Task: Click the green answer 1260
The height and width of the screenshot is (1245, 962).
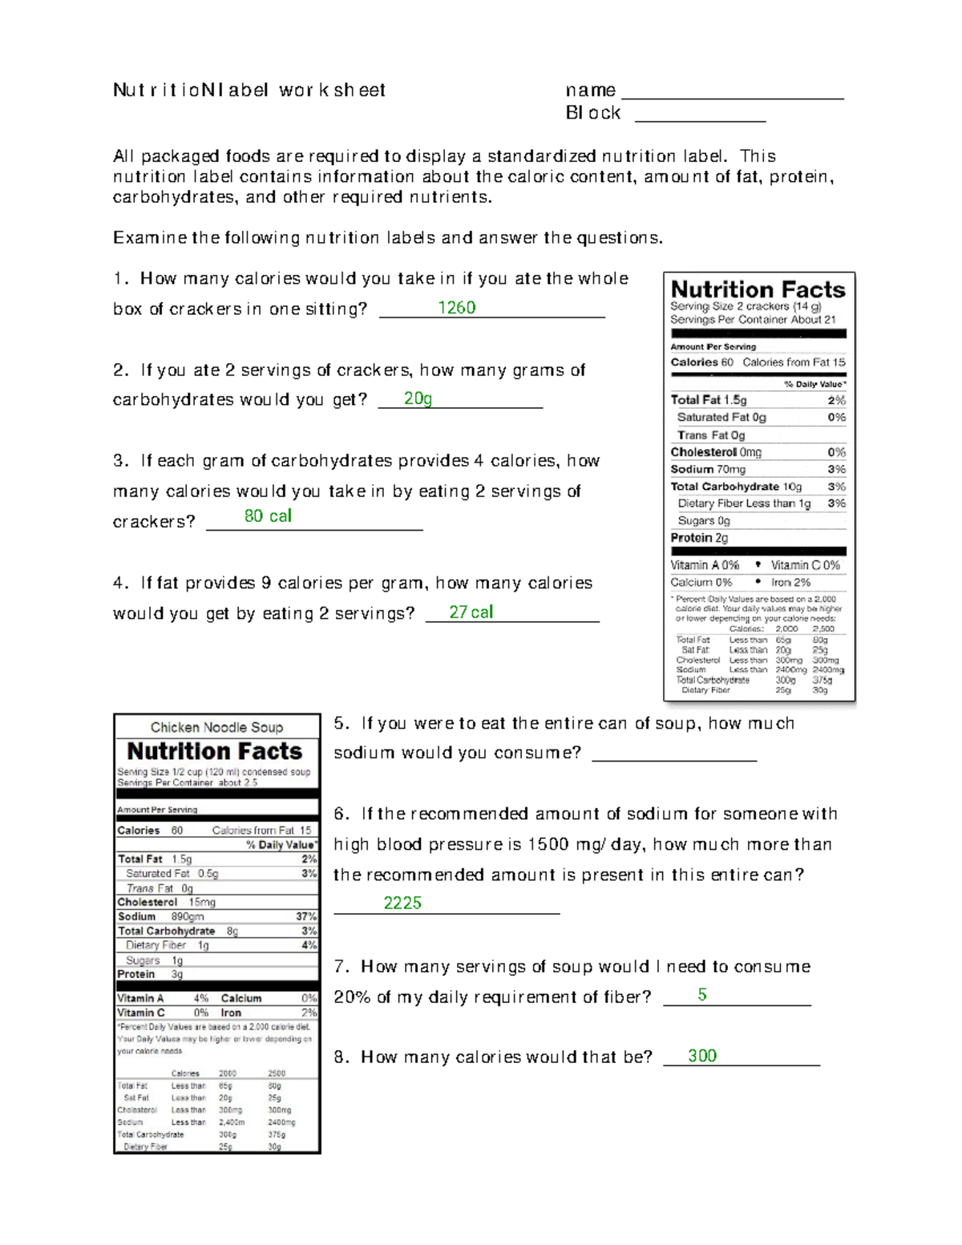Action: click(457, 308)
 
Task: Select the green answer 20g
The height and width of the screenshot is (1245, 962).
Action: click(418, 398)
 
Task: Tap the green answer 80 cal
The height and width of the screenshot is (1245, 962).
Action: click(268, 516)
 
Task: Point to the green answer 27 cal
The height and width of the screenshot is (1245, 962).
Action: click(471, 612)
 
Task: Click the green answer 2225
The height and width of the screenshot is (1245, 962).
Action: click(402, 903)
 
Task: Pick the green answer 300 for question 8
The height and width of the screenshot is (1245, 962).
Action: click(702, 1056)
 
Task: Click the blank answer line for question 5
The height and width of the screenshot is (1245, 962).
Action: click(674, 758)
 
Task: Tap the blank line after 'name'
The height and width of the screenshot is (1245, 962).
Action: click(733, 96)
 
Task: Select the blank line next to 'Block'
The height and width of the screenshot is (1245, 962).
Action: click(700, 119)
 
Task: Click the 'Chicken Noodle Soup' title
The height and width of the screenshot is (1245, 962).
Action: click(216, 727)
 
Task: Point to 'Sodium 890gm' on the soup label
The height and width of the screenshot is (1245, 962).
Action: click(160, 916)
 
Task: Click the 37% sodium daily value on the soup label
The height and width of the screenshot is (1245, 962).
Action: click(306, 916)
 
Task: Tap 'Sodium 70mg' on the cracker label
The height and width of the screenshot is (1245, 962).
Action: click(708, 470)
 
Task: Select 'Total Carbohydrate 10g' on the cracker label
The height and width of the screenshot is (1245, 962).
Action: click(736, 487)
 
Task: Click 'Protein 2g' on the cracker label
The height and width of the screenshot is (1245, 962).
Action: click(699, 538)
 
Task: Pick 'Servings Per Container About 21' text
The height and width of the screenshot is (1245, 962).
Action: click(753, 319)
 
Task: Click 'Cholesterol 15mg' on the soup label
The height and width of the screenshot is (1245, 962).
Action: click(166, 902)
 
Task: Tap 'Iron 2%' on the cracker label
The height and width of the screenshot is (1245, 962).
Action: click(790, 582)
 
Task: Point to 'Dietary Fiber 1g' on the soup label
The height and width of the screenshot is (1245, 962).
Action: click(167, 945)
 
